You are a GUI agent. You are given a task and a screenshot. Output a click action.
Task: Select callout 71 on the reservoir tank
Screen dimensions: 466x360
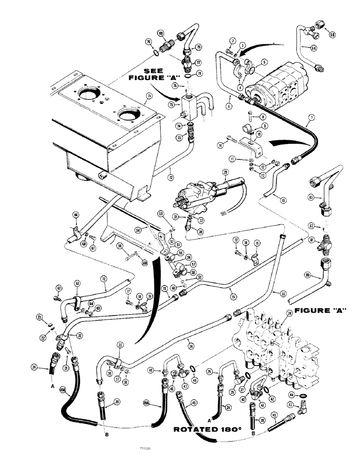148,96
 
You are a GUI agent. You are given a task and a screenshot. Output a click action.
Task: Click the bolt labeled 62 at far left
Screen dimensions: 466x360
59,287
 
